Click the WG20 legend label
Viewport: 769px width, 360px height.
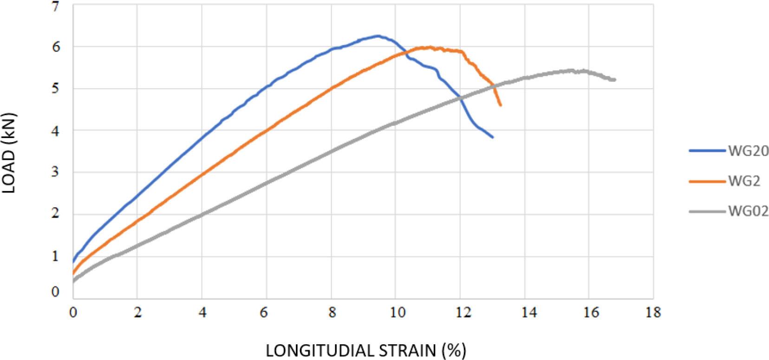pyautogui.click(x=748, y=151)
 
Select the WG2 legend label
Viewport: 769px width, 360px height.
pyautogui.click(x=744, y=182)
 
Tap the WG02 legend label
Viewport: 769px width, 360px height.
pyautogui.click(x=748, y=212)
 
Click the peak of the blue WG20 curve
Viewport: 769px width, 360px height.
pyautogui.click(x=377, y=36)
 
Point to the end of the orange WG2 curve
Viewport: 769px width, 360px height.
pyautogui.click(x=501, y=105)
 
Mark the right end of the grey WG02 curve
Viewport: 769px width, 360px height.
pyautogui.click(x=615, y=80)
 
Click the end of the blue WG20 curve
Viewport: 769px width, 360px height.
pyautogui.click(x=493, y=137)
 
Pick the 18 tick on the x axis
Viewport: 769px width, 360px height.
pyautogui.click(x=652, y=313)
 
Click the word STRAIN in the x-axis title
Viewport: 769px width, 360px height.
pyautogui.click(x=407, y=350)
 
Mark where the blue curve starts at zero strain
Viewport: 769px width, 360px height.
pyautogui.click(x=73, y=262)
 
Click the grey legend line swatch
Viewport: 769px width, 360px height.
pyautogui.click(x=707, y=212)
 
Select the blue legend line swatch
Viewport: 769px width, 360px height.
pyautogui.click(x=707, y=151)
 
